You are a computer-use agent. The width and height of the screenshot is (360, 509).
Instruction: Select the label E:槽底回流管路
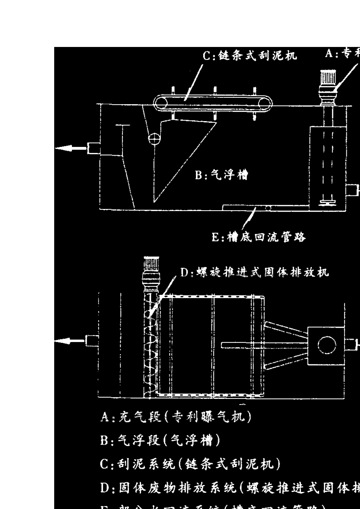pyautogui.click(x=258, y=237)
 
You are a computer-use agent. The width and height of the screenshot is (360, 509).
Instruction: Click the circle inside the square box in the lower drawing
pyautogui.click(x=326, y=345)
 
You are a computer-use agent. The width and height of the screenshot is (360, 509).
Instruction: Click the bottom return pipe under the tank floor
pyautogui.click(x=265, y=207)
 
